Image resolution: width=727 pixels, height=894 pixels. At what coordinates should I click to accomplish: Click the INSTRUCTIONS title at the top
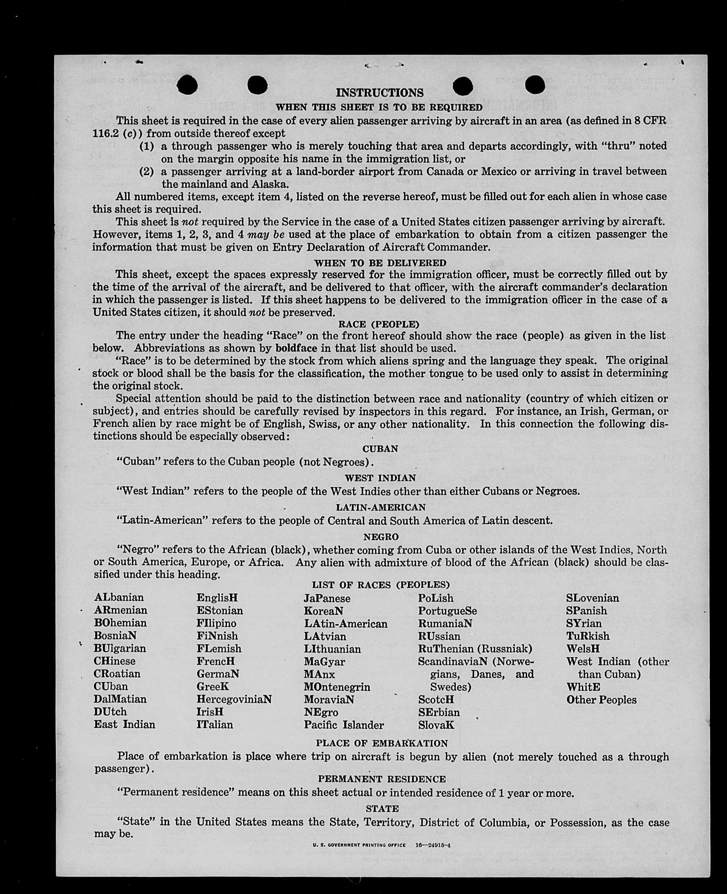tap(380, 92)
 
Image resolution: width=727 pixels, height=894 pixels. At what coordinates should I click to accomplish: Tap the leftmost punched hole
tap(187, 86)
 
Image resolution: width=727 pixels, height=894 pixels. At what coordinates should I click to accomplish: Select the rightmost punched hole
tap(535, 85)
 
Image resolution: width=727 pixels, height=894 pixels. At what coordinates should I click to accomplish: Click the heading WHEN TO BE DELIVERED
tap(380, 263)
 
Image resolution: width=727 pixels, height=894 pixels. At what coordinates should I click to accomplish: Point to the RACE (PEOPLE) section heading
tap(379, 324)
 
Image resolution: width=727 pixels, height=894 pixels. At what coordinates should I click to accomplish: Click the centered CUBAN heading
tap(380, 449)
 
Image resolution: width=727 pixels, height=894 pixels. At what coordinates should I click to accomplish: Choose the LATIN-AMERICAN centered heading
tap(381, 507)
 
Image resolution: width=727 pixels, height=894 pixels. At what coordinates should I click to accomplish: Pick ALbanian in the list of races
tap(119, 597)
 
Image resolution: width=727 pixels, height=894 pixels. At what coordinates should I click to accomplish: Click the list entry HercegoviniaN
tap(234, 699)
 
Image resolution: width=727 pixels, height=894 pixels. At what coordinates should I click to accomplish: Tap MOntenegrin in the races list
tap(337, 687)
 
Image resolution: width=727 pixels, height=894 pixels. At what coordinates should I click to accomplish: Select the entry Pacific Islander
tap(344, 725)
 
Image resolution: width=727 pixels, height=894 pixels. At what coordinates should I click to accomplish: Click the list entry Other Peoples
tap(602, 700)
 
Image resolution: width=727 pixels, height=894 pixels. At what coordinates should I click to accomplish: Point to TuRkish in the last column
tap(588, 636)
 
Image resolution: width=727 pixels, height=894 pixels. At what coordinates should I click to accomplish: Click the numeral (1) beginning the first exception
tap(147, 147)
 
